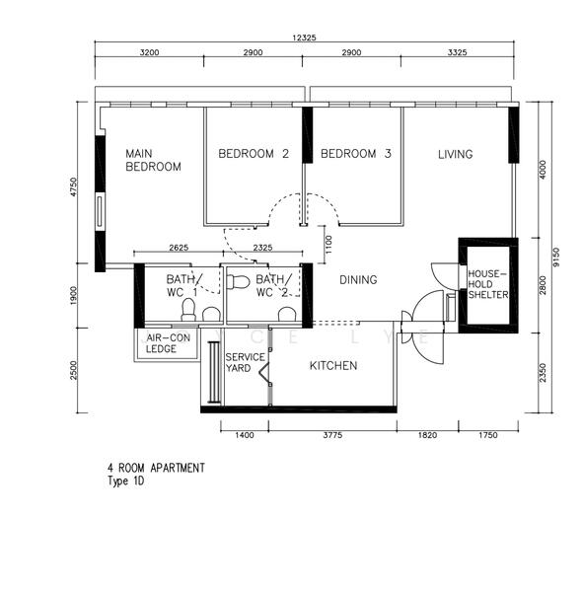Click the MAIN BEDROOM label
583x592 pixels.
pyautogui.click(x=153, y=160)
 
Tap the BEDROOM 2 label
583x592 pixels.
pyautogui.click(x=254, y=154)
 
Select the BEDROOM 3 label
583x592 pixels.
pyautogui.click(x=356, y=154)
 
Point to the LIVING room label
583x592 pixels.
pyautogui.click(x=456, y=154)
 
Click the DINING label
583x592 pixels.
pyautogui.click(x=358, y=280)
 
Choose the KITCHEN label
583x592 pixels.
pyautogui.click(x=333, y=365)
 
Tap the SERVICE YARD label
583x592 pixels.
pyautogui.click(x=245, y=362)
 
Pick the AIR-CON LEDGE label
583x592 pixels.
pyautogui.click(x=168, y=343)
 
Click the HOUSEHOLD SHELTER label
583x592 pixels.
pyautogui.click(x=488, y=284)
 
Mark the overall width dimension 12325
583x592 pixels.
pyautogui.click(x=305, y=37)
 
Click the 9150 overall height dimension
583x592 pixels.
pyautogui.click(x=556, y=258)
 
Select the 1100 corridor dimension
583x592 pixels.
pyautogui.click(x=328, y=245)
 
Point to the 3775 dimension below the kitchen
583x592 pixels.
pyautogui.click(x=332, y=435)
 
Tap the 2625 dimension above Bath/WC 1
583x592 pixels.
pyautogui.click(x=179, y=248)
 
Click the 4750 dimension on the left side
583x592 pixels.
pyautogui.click(x=74, y=186)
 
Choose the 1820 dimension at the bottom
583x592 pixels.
pyautogui.click(x=427, y=435)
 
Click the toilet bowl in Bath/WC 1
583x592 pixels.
pyautogui.click(x=188, y=310)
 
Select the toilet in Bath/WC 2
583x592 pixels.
pyautogui.click(x=239, y=282)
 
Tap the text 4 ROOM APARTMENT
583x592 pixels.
pyautogui.click(x=156, y=468)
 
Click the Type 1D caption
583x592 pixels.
pyautogui.click(x=125, y=481)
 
